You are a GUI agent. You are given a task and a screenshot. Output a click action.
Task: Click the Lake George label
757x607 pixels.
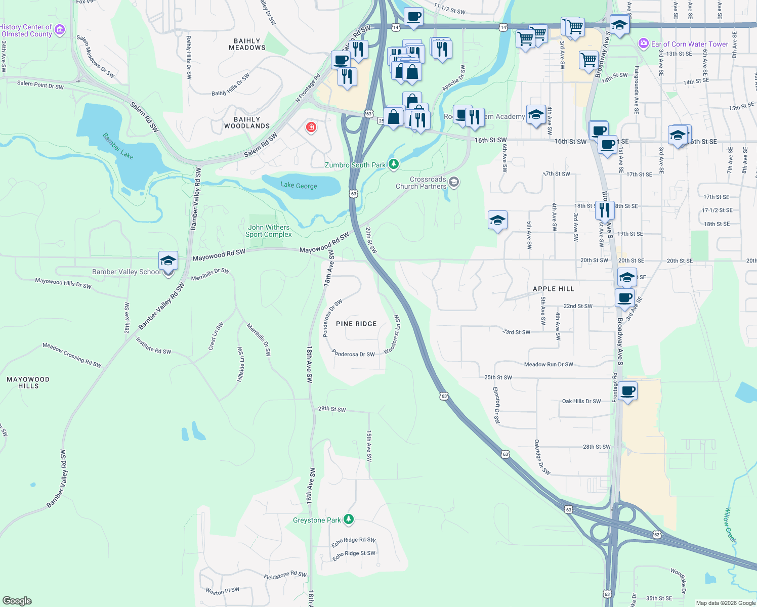tap(299, 186)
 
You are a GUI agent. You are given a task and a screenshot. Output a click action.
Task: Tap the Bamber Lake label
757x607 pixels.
tap(118, 146)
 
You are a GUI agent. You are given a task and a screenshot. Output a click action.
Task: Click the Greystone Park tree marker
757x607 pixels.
tap(348, 519)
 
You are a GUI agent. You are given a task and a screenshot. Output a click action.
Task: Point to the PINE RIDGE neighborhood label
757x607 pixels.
tap(356, 324)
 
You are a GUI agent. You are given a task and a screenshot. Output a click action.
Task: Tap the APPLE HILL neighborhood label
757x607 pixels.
tap(554, 289)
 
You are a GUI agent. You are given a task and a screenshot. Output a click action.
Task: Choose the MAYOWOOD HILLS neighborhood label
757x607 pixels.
tap(28, 382)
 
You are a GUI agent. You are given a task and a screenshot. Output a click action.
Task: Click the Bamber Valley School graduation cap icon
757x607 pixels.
tap(168, 261)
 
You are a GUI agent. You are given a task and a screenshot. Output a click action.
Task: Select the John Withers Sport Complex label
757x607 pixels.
tap(269, 231)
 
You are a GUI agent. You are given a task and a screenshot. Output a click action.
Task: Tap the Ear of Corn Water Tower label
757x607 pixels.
tap(689, 44)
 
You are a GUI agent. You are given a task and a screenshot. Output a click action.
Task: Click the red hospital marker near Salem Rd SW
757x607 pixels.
tap(311, 127)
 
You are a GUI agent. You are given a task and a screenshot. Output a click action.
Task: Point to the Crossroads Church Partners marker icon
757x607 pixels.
tap(454, 182)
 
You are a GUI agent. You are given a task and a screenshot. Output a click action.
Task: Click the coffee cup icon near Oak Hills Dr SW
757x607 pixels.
tap(627, 391)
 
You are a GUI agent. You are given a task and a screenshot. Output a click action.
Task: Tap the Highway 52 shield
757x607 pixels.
tap(657, 535)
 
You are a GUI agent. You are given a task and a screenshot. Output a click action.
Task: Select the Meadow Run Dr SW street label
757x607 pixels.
tap(549, 365)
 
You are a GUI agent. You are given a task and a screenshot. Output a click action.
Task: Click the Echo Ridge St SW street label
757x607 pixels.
tap(354, 555)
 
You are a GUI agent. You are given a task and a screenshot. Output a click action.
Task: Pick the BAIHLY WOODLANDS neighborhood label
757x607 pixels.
tap(247, 123)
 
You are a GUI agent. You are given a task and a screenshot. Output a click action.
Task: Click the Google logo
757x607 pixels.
tap(17, 601)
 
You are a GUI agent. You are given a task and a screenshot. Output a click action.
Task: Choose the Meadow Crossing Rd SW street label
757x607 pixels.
tap(72, 355)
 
